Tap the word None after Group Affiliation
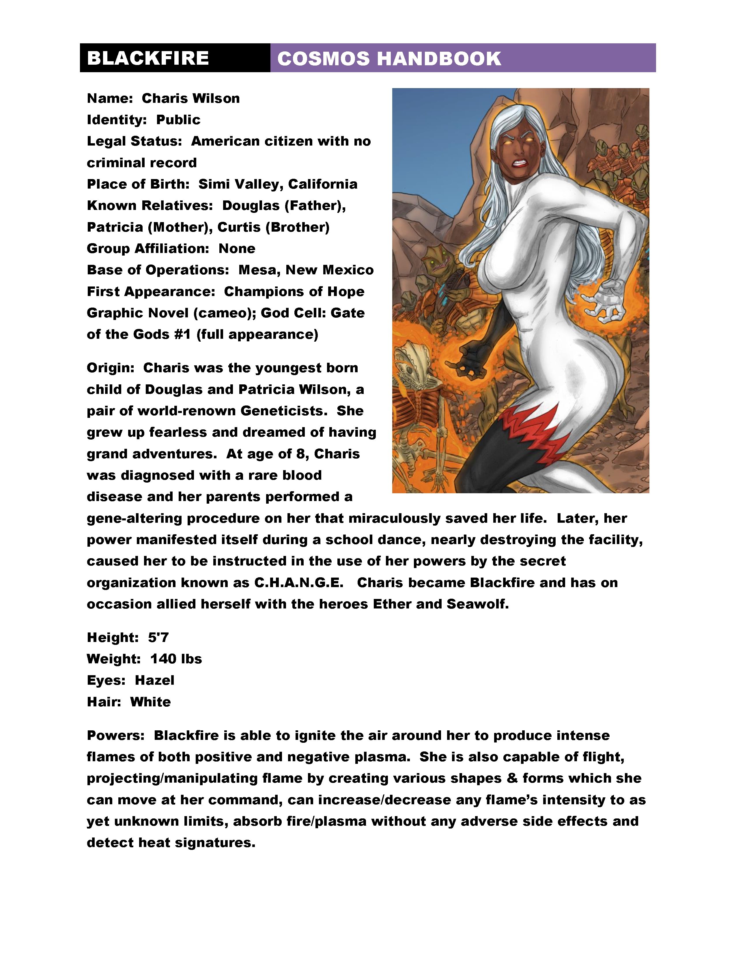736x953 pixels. click(237, 248)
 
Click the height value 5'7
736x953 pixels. click(158, 638)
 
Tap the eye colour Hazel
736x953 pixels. click(154, 680)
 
